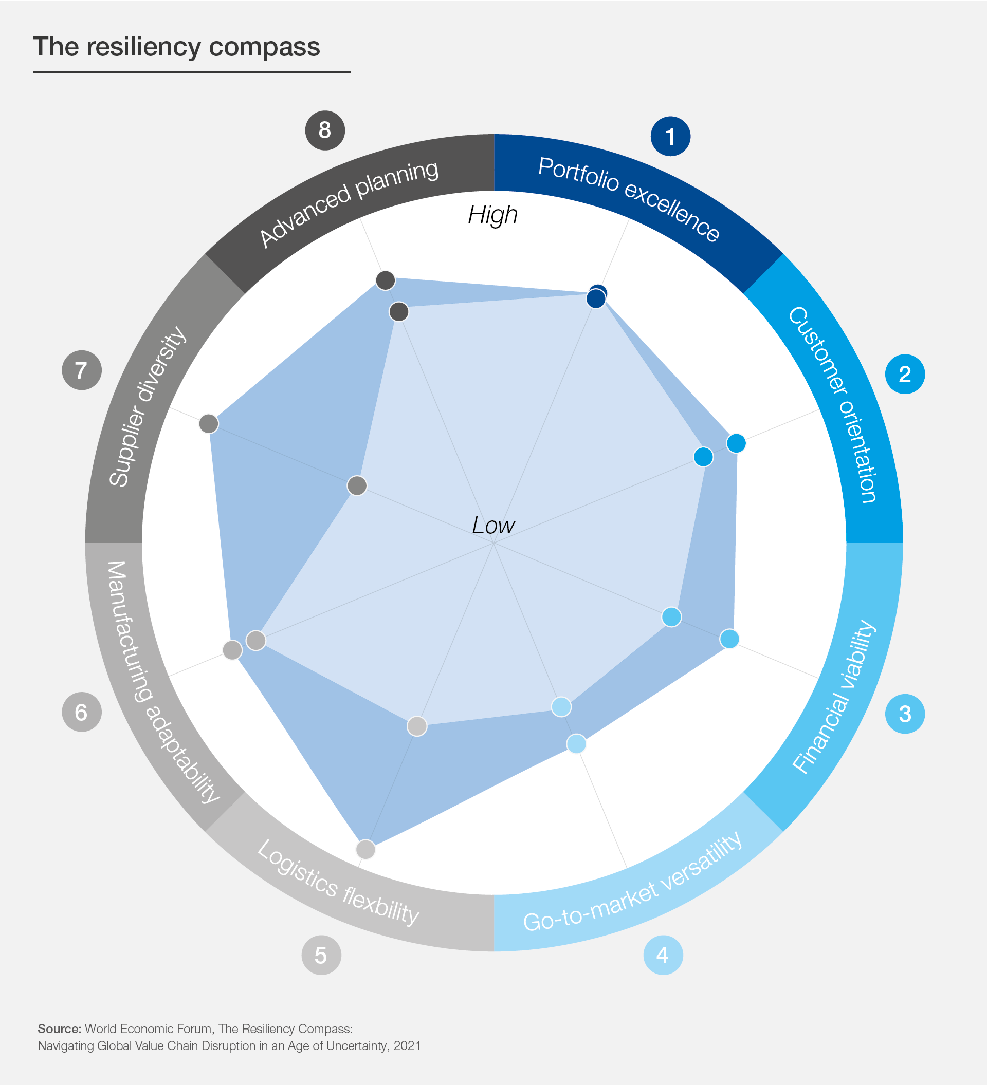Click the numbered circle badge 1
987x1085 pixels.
670,137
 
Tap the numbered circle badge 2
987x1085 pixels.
905,374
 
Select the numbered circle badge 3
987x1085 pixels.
905,714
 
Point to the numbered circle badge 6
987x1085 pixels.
81,712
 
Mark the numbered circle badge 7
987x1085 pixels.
81,370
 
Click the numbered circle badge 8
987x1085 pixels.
325,130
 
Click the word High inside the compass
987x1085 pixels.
492,215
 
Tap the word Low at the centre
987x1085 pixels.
493,525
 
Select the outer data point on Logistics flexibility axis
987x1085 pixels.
365,850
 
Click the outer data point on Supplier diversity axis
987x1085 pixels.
208,423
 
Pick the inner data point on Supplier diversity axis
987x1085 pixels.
357,485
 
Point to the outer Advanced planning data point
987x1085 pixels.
386,280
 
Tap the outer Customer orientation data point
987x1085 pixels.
736,443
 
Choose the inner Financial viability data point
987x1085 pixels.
671,617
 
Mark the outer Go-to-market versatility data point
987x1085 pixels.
576,744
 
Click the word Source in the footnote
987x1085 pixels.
59,1029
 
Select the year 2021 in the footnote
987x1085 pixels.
407,1046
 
